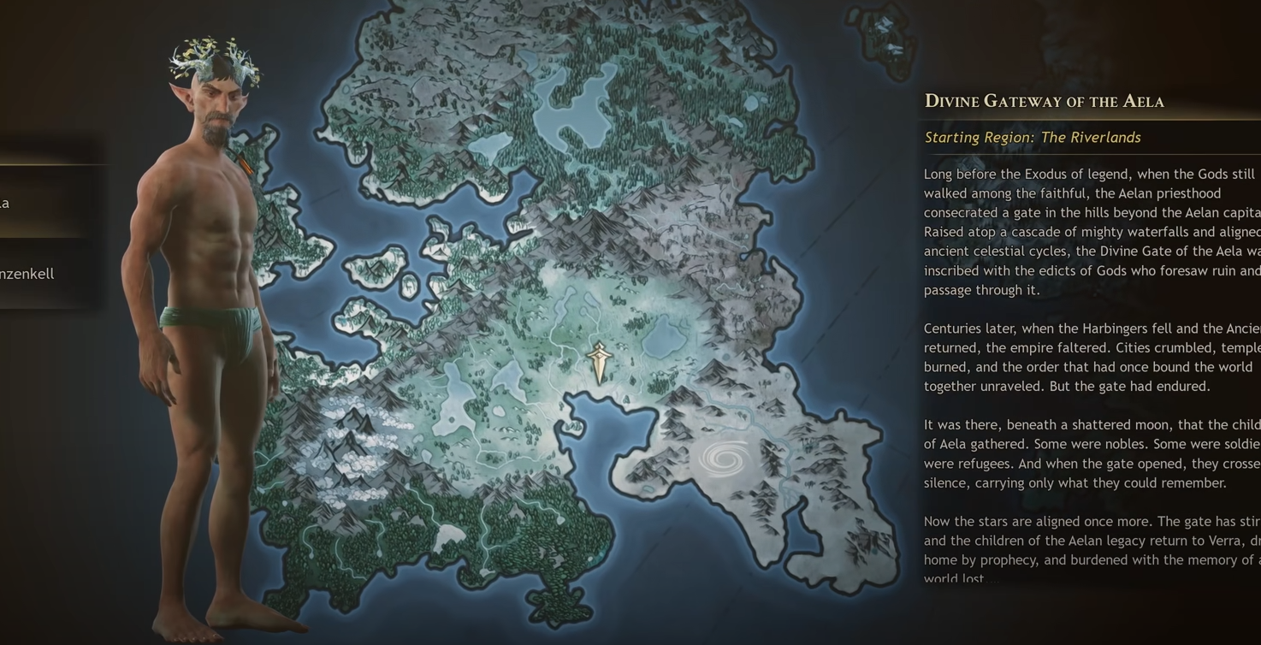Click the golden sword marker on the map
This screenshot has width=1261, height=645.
(x=599, y=362)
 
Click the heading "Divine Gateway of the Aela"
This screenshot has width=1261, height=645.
(x=1044, y=101)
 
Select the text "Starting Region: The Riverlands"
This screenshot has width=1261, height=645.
(x=1032, y=138)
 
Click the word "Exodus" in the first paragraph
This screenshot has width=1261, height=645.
(x=1054, y=175)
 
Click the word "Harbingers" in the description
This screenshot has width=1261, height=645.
(x=1116, y=328)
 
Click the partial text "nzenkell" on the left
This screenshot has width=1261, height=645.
(x=27, y=274)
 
